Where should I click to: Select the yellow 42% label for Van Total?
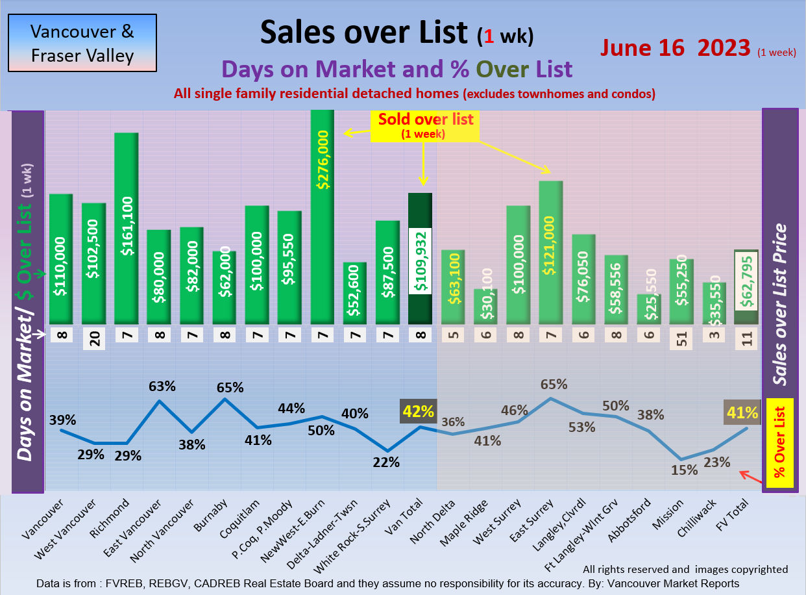click(x=419, y=411)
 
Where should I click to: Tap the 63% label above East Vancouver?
click(x=162, y=386)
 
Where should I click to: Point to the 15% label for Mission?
click(x=685, y=470)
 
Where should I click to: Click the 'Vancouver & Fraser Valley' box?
click(x=82, y=43)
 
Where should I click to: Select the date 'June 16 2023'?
click(x=675, y=47)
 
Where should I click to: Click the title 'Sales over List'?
click(x=364, y=32)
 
